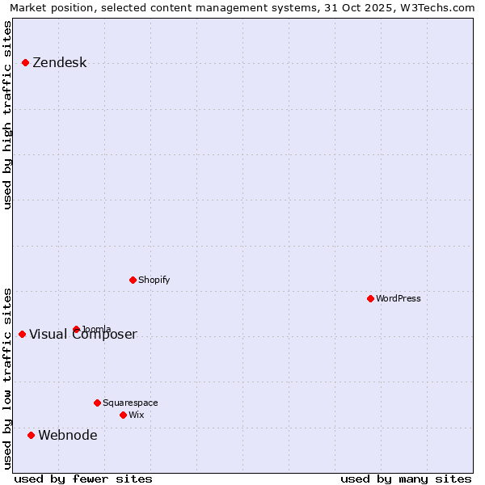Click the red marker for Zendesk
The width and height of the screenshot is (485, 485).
tap(25, 62)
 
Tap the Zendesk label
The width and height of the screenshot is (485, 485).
tap(59, 63)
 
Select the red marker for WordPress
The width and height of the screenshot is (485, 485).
tap(370, 298)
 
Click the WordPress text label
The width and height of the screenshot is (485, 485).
tap(398, 299)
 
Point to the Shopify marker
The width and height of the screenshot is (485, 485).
tap(133, 280)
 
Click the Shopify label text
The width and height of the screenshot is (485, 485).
tap(154, 280)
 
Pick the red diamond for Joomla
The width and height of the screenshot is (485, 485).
tap(76, 329)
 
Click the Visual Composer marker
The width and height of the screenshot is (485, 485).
tap(22, 334)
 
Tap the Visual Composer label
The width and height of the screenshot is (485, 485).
tap(83, 335)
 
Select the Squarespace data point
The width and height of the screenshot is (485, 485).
tap(97, 403)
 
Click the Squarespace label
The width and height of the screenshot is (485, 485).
tap(130, 403)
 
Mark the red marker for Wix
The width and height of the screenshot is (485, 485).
tap(123, 415)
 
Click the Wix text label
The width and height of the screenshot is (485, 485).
tap(136, 415)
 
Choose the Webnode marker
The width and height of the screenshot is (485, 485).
tap(31, 435)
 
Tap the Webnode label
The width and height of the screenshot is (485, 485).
tap(67, 436)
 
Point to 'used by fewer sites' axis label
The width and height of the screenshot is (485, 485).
tap(83, 479)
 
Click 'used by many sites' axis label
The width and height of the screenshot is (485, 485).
tap(406, 479)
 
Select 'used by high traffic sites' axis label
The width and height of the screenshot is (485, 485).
tap(7, 115)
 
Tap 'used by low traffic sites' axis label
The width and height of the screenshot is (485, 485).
tap(7, 378)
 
